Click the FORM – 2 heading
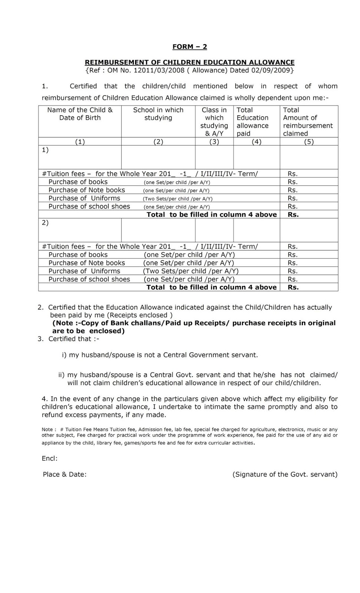click(189, 47)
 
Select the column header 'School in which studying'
click(158, 114)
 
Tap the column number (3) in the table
click(214, 142)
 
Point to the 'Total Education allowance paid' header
click(252, 122)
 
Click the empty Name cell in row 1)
click(80, 158)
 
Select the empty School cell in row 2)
click(158, 230)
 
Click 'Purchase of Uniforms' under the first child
click(84, 198)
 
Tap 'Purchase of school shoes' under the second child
click(89, 279)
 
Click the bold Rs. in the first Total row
click(293, 215)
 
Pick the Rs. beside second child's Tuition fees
click(293, 246)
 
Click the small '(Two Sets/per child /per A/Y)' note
click(178, 199)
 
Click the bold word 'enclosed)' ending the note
click(107, 331)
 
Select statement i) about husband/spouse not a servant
click(160, 355)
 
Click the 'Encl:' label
click(50, 458)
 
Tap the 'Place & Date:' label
click(65, 474)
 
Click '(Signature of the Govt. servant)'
click(285, 474)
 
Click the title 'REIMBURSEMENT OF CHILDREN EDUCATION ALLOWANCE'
click(189, 62)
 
